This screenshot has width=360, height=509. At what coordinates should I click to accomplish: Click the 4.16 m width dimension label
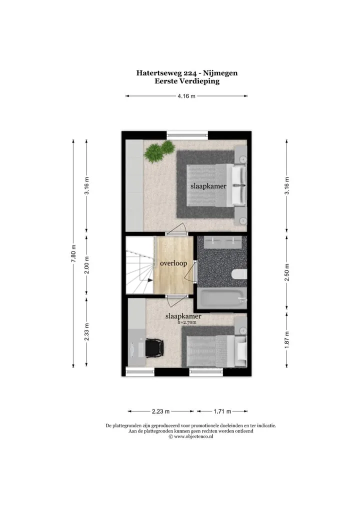(x=186, y=96)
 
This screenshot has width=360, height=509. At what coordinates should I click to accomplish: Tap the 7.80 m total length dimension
(x=73, y=253)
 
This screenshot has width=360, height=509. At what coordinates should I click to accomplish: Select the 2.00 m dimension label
(x=86, y=265)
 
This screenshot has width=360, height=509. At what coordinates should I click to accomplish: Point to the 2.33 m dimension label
(x=86, y=332)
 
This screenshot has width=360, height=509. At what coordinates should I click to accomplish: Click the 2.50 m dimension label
(x=286, y=272)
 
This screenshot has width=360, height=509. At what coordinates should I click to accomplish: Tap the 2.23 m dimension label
(x=160, y=411)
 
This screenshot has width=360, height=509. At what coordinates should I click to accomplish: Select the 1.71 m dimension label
(x=222, y=411)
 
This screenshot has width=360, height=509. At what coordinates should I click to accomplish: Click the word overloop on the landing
(x=173, y=263)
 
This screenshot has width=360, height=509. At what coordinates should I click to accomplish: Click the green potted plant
(x=159, y=151)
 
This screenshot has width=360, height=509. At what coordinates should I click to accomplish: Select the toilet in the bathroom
(x=239, y=274)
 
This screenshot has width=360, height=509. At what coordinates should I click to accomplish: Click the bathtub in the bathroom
(x=222, y=298)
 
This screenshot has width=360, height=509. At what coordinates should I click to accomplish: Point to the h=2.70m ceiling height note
(x=187, y=322)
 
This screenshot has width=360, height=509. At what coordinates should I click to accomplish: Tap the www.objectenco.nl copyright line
(x=191, y=437)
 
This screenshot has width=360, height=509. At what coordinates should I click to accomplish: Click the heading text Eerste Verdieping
(x=187, y=81)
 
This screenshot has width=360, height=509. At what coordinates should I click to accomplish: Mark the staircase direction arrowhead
(x=150, y=280)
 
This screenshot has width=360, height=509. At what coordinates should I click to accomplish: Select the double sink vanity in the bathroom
(x=223, y=242)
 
